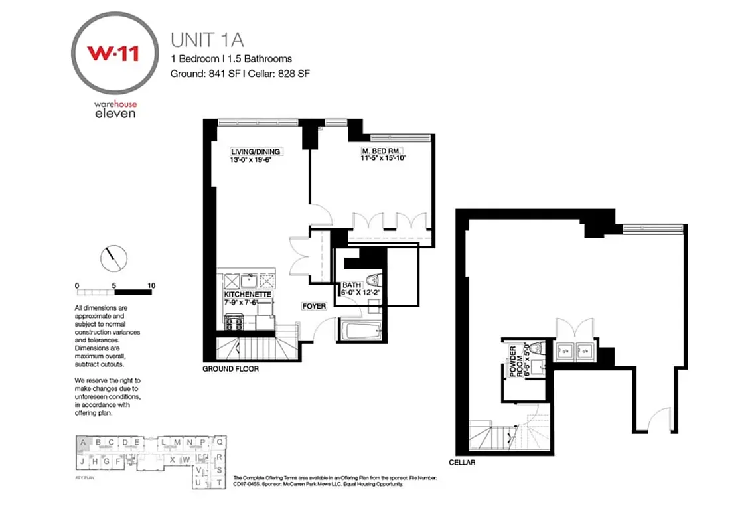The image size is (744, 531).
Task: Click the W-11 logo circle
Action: point(114,52)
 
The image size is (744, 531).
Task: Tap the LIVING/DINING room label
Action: point(255,152)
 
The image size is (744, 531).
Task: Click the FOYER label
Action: point(313,306)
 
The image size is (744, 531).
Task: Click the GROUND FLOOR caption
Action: point(231,368)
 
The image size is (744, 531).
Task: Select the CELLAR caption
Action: point(462,462)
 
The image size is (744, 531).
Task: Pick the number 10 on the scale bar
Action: point(151,286)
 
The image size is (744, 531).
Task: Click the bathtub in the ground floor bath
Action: point(361,330)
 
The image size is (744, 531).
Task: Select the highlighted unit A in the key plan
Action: point(84,442)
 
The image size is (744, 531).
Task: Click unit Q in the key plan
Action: point(220,441)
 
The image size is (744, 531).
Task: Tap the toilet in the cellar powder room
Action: point(539,348)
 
